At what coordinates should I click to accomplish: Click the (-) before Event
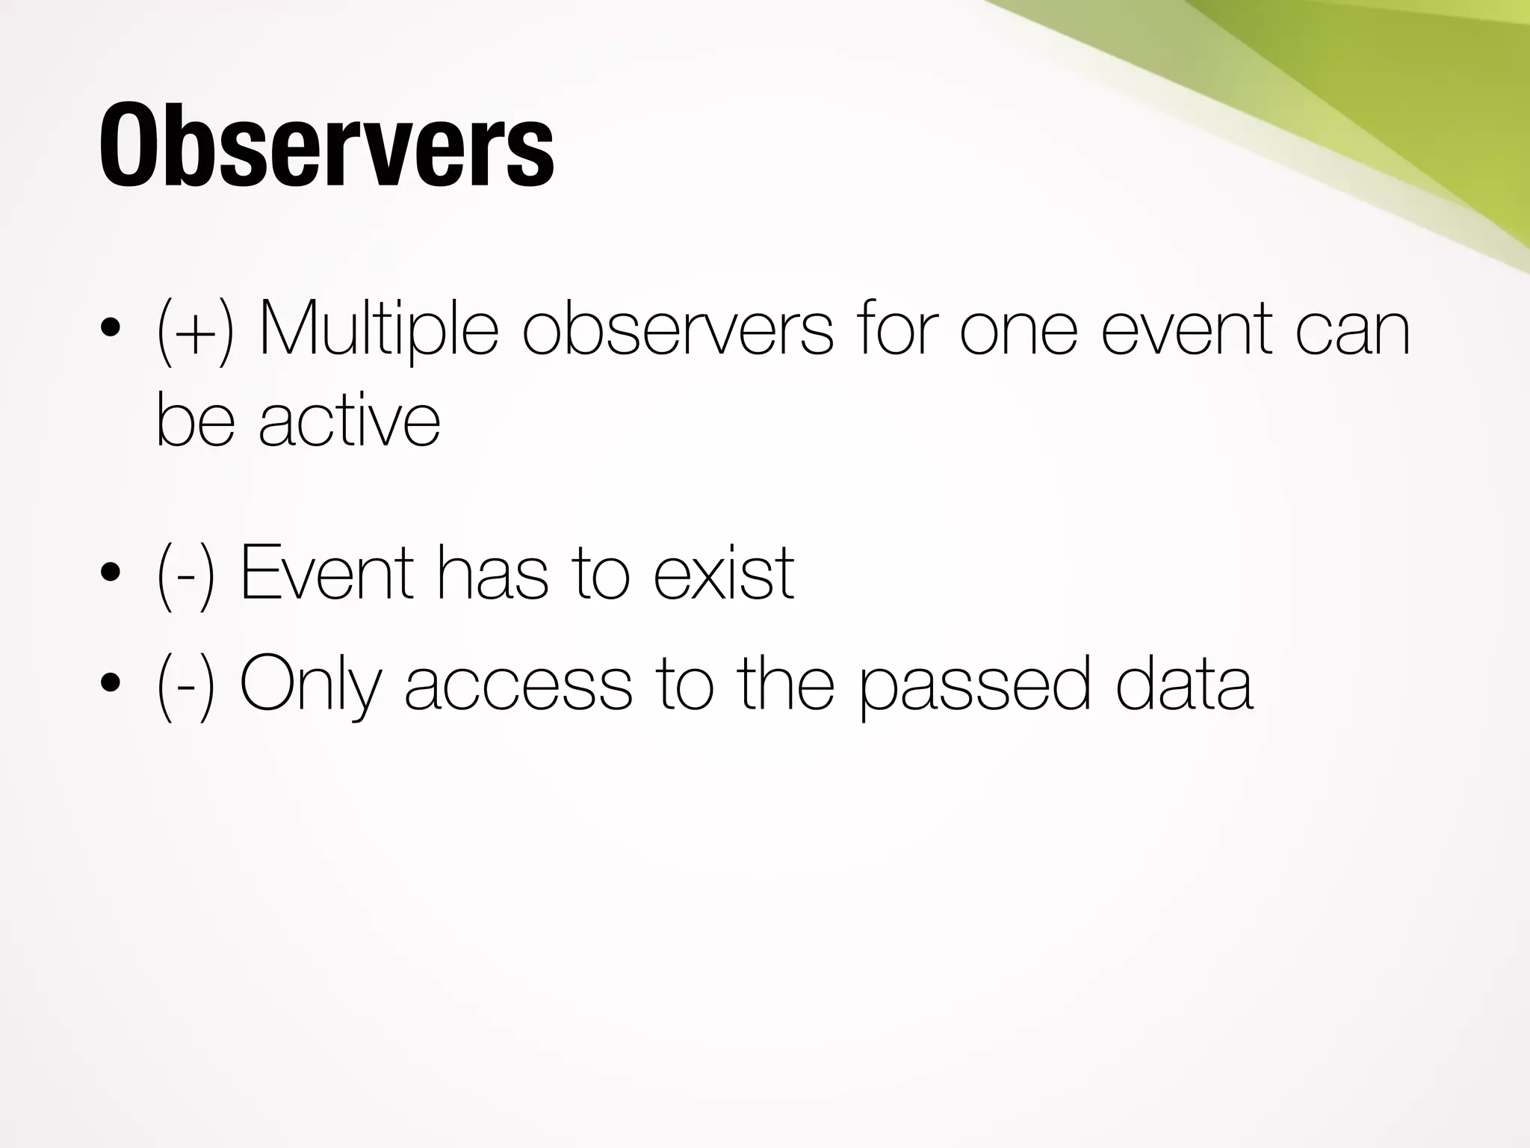tap(186, 575)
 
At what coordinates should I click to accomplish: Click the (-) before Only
tap(186, 683)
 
